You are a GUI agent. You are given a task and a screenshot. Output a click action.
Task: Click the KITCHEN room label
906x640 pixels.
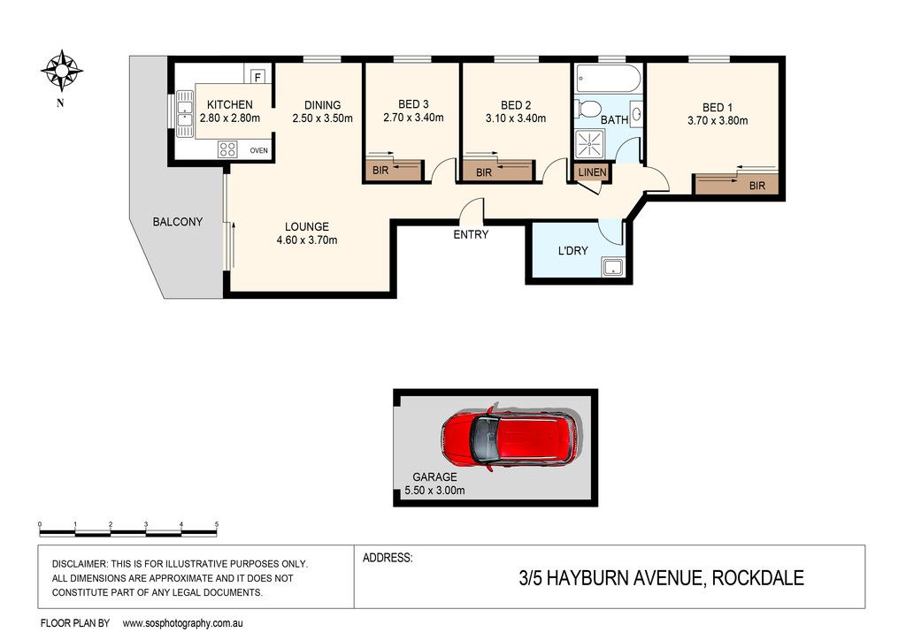click(230, 104)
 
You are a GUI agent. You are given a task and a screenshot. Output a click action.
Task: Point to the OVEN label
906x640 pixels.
click(259, 150)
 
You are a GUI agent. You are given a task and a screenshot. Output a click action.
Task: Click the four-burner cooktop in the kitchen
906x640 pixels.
click(227, 149)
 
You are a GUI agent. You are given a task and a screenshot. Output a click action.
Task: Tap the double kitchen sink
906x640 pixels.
click(184, 114)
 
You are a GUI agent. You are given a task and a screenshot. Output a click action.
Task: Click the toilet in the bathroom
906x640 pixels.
click(587, 109)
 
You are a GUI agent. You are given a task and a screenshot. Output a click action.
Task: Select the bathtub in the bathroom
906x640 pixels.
click(608, 79)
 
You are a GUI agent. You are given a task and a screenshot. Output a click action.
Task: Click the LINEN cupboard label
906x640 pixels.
click(592, 172)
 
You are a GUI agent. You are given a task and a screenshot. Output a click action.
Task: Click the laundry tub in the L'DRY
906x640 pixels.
click(612, 268)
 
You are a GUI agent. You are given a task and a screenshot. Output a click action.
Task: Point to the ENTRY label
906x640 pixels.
click(471, 234)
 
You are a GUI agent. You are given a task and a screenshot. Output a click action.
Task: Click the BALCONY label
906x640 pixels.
click(177, 222)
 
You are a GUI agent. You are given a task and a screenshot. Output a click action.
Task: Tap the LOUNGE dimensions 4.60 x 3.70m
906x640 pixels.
click(307, 240)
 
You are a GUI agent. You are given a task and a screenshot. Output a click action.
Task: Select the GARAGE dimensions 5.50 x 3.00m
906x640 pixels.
click(434, 491)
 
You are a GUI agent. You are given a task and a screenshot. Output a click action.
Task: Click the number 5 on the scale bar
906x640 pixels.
click(217, 524)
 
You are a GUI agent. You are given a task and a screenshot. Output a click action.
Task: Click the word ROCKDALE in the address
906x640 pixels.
click(757, 577)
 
